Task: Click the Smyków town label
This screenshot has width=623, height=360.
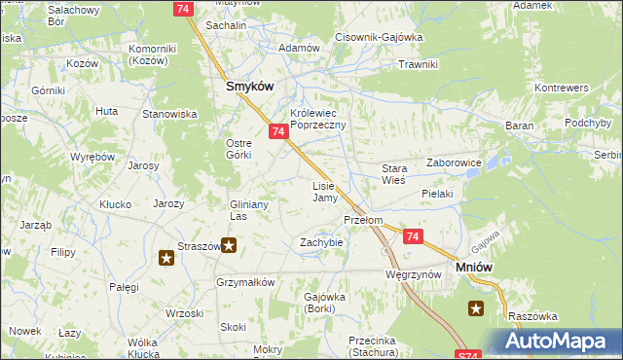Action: coord(249,86)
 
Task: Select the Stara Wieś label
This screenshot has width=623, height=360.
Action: coord(392,174)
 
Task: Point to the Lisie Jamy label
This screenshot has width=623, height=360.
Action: coord(324,192)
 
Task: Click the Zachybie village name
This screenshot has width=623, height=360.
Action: coord(321,242)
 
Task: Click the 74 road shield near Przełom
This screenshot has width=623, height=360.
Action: coord(413,236)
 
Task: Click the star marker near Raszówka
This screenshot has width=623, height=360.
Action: coord(476,309)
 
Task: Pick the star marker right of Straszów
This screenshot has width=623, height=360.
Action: coord(229,245)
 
